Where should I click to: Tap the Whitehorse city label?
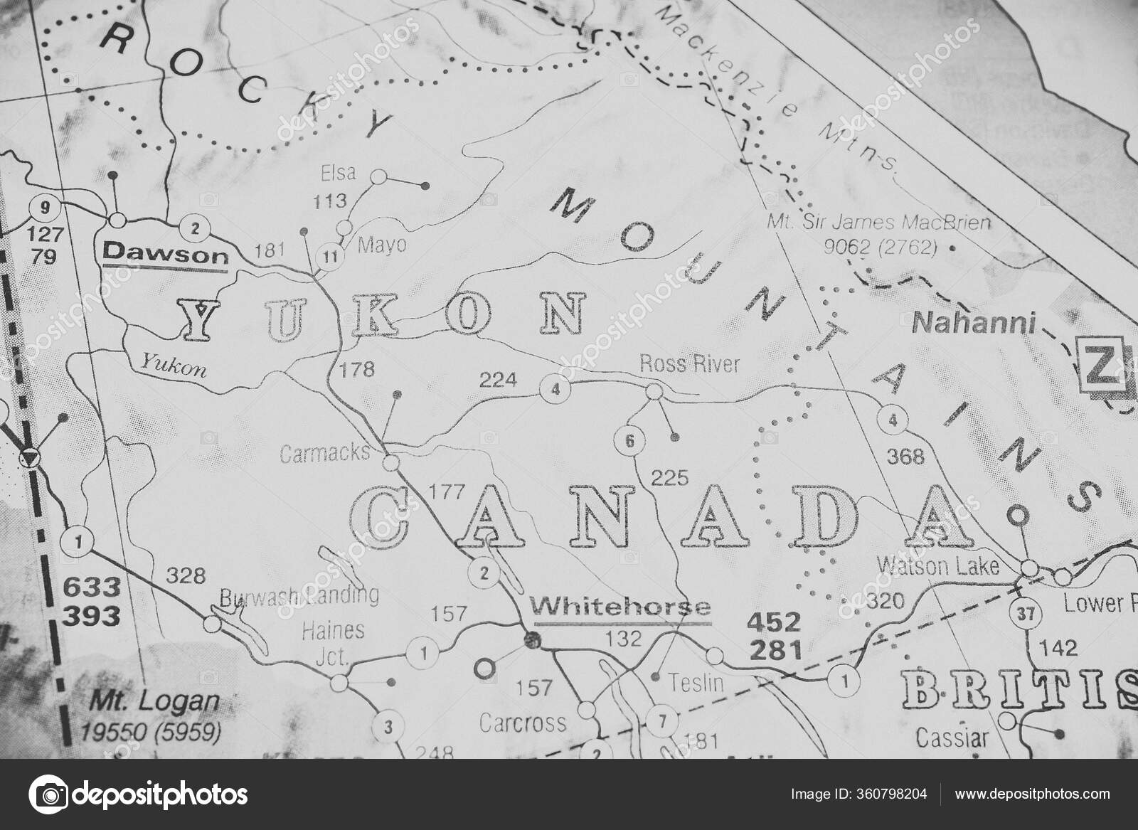point(622,607)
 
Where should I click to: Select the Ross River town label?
point(689,365)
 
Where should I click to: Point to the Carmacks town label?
point(325,453)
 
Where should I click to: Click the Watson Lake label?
point(938,566)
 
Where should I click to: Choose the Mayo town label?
point(382,245)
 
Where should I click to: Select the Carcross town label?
point(523,723)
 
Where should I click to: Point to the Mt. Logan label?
point(154,701)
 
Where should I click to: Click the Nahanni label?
point(972,324)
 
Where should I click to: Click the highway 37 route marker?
point(1023,613)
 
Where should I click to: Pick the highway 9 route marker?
point(44,208)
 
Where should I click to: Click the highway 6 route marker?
point(629,441)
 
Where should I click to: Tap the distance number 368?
point(905,456)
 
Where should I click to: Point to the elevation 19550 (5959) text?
point(150,730)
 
